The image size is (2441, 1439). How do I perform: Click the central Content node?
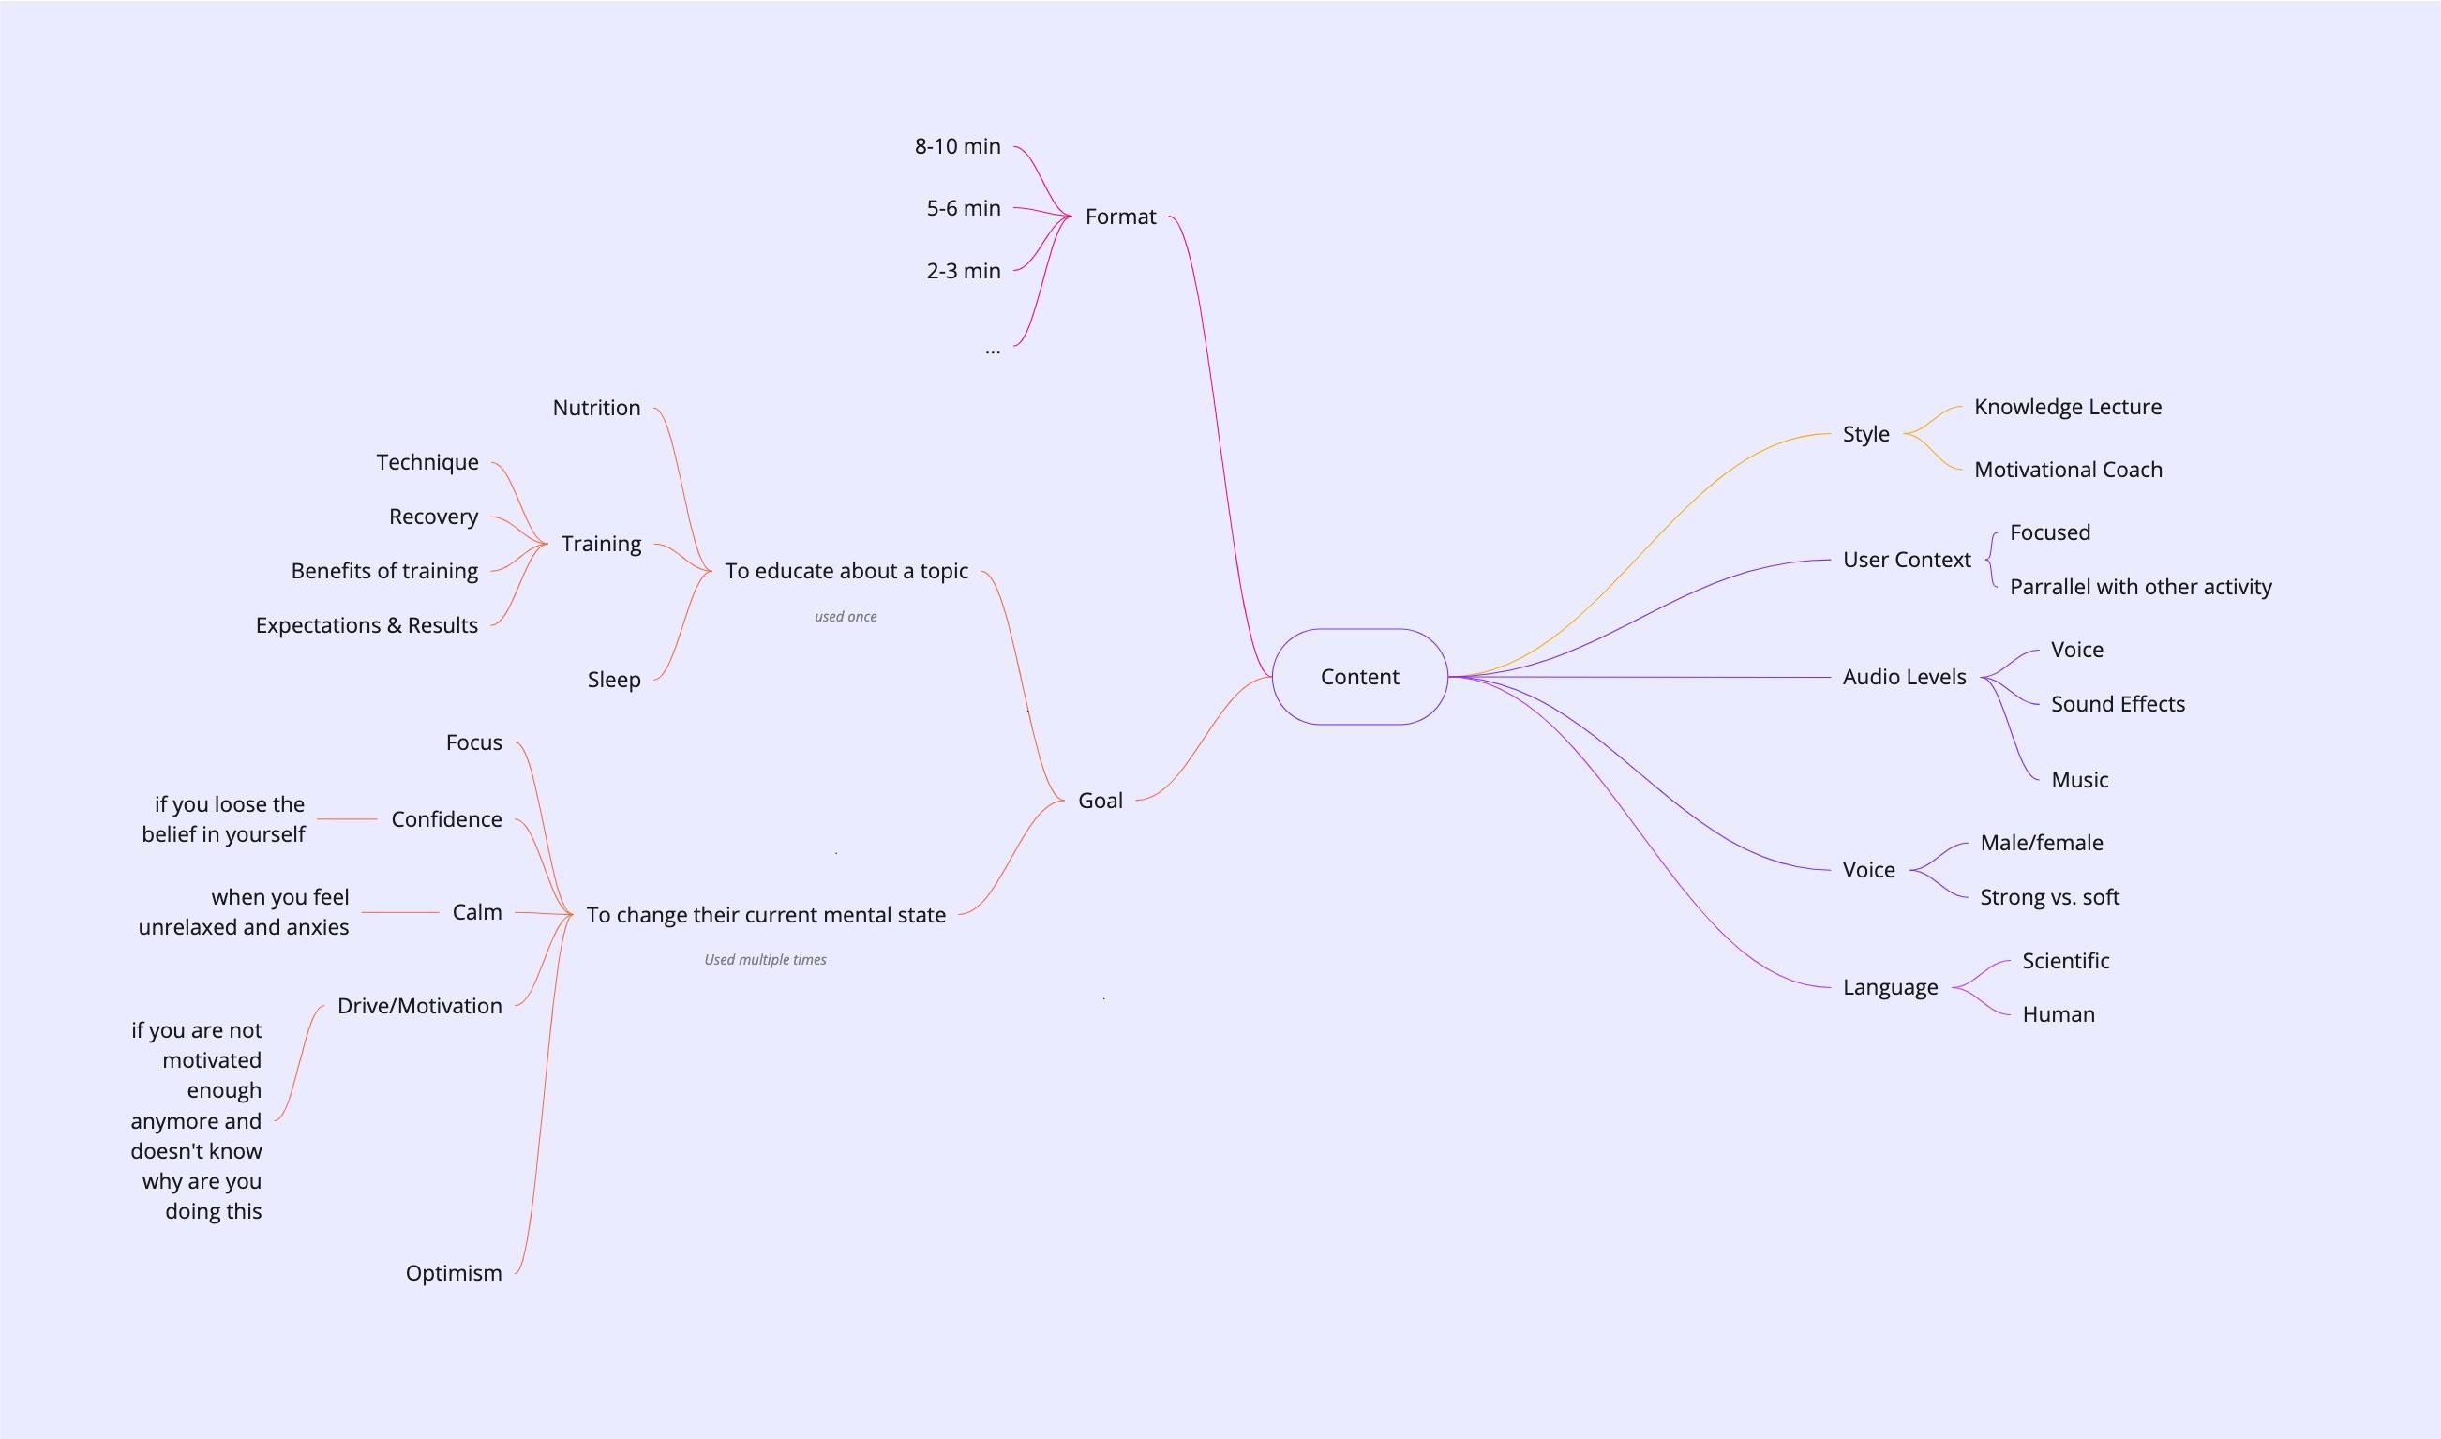(1359, 677)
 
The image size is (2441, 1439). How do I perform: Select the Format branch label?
(1119, 217)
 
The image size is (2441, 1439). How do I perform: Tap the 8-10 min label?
(957, 146)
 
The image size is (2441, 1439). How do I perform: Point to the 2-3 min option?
(963, 271)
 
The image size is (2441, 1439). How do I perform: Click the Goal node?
(1100, 800)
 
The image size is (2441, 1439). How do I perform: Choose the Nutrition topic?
(596, 407)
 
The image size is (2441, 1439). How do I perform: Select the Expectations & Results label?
(367, 625)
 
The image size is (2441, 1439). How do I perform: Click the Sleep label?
(614, 680)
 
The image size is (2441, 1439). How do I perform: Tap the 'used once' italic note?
(846, 617)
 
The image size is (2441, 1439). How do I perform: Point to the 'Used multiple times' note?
(765, 960)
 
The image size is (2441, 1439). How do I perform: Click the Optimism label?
(453, 1273)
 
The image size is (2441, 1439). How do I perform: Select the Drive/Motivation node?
(419, 1006)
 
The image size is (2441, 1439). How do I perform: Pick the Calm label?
(477, 912)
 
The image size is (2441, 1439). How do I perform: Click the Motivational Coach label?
(2068, 470)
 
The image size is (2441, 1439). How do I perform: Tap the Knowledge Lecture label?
(2067, 406)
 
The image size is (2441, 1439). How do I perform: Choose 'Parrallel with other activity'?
(2139, 587)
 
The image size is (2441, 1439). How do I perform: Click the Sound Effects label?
(2118, 704)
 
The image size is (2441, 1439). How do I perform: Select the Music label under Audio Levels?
(2078, 780)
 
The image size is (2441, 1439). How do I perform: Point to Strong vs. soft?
(2048, 897)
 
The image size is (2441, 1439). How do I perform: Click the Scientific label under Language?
(2065, 961)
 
